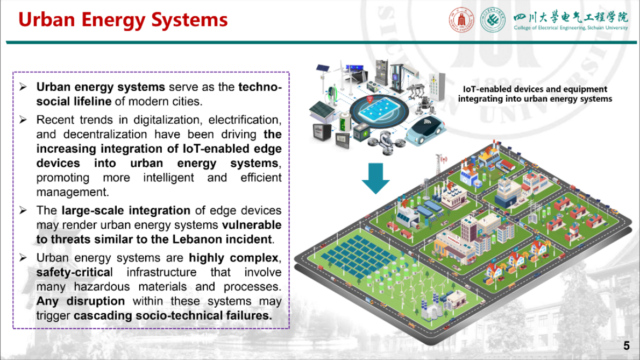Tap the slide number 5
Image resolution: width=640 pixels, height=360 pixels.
coord(626,345)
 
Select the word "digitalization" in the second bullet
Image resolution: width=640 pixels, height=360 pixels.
coord(162,119)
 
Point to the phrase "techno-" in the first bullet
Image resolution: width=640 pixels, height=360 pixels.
coord(260,87)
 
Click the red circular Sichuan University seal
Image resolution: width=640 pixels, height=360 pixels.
coord(462,20)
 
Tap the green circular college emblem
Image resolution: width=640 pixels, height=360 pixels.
coord(492,20)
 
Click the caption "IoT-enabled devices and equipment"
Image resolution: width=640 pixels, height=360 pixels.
coord(535,89)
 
